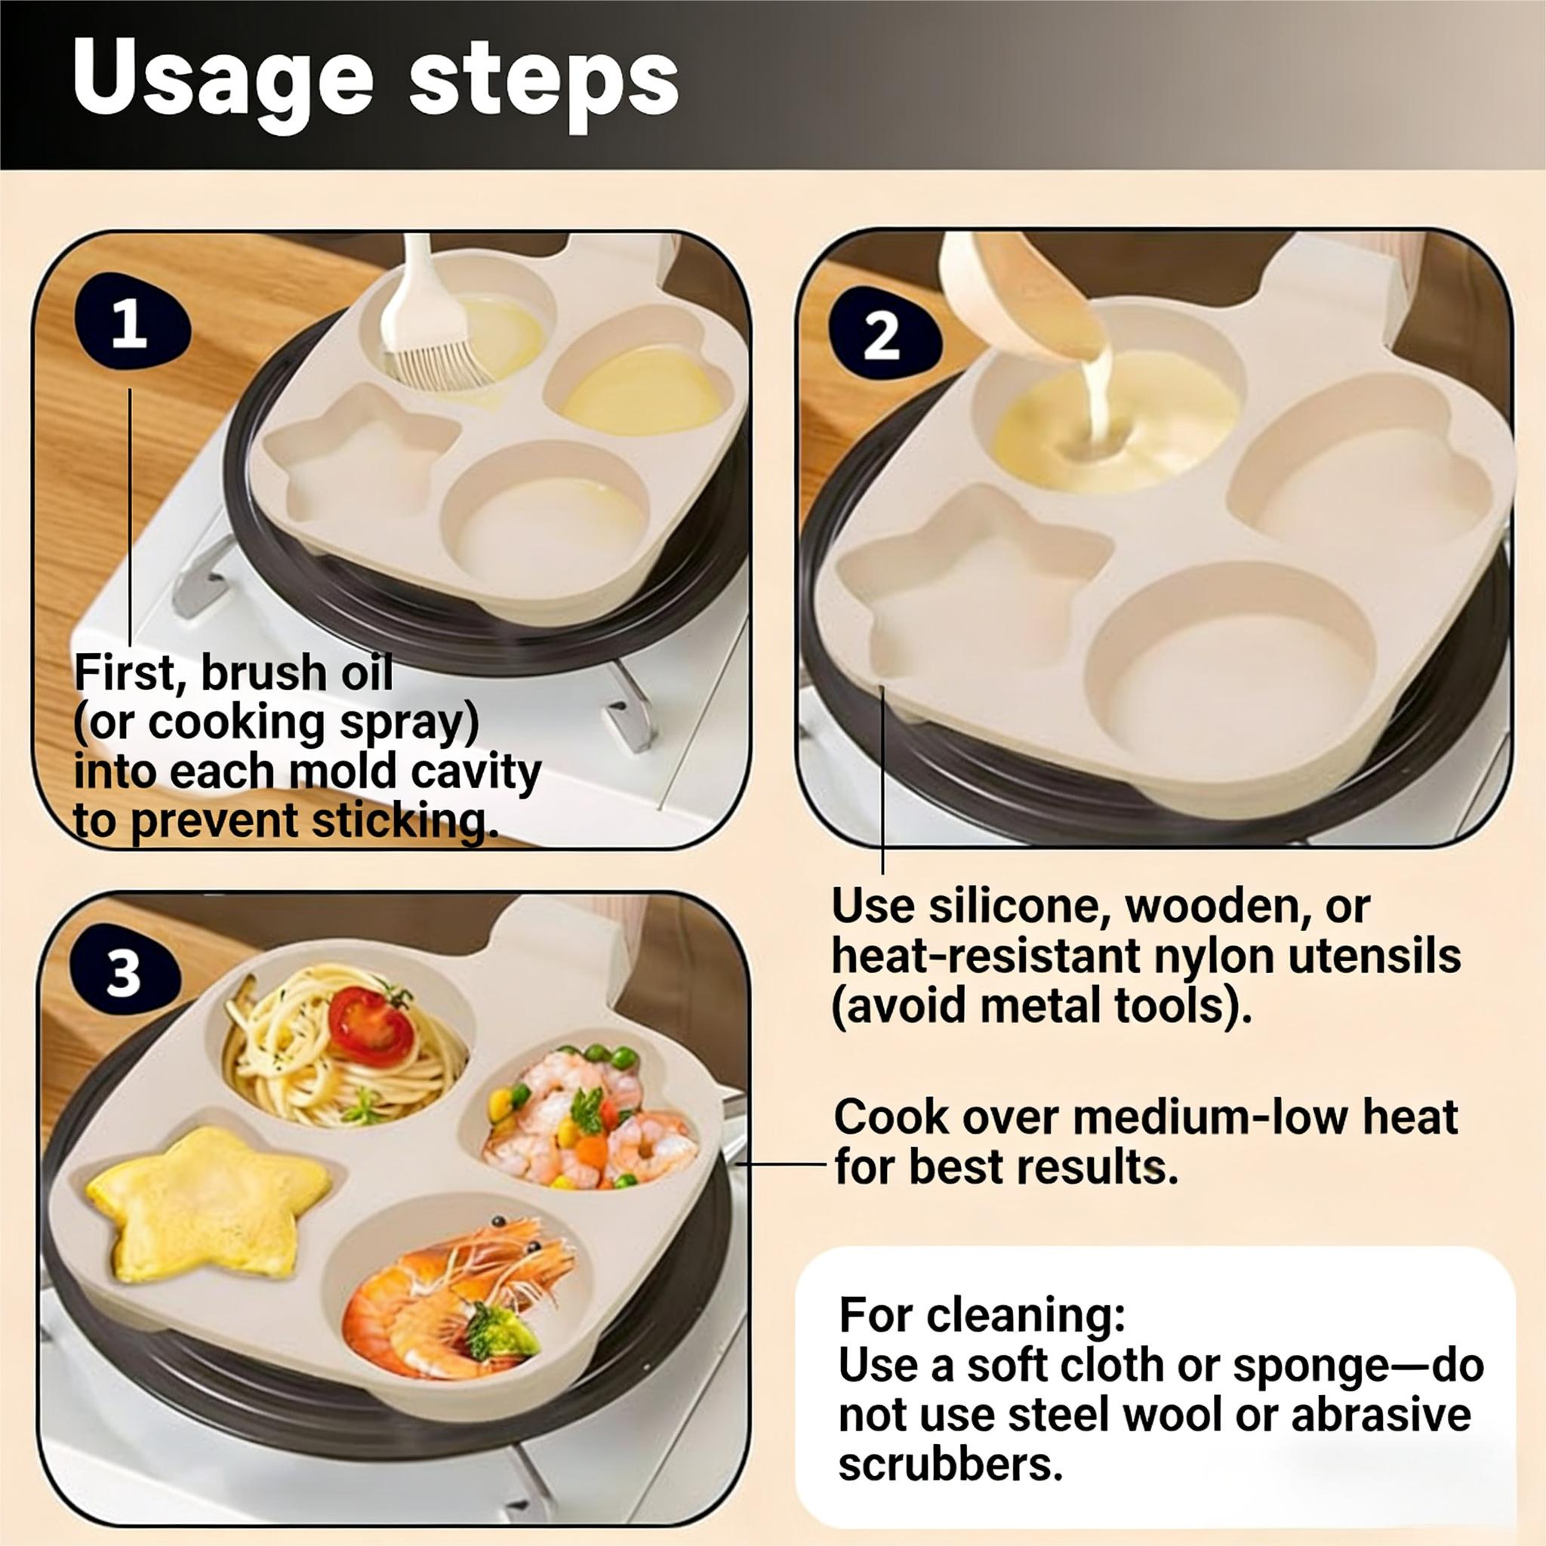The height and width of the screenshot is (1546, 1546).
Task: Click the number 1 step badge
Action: pyautogui.click(x=131, y=322)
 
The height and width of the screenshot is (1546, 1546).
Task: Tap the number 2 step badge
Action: pyautogui.click(x=881, y=335)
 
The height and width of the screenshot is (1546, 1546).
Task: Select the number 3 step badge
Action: pyautogui.click(x=125, y=974)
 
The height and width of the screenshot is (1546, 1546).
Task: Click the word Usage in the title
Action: pyautogui.click(x=223, y=84)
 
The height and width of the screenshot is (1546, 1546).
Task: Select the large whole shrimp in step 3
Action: pyautogui.click(x=448, y=1301)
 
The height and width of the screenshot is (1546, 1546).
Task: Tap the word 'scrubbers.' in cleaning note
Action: pyautogui.click(x=950, y=1465)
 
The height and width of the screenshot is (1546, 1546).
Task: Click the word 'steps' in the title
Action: pyautogui.click(x=544, y=84)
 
